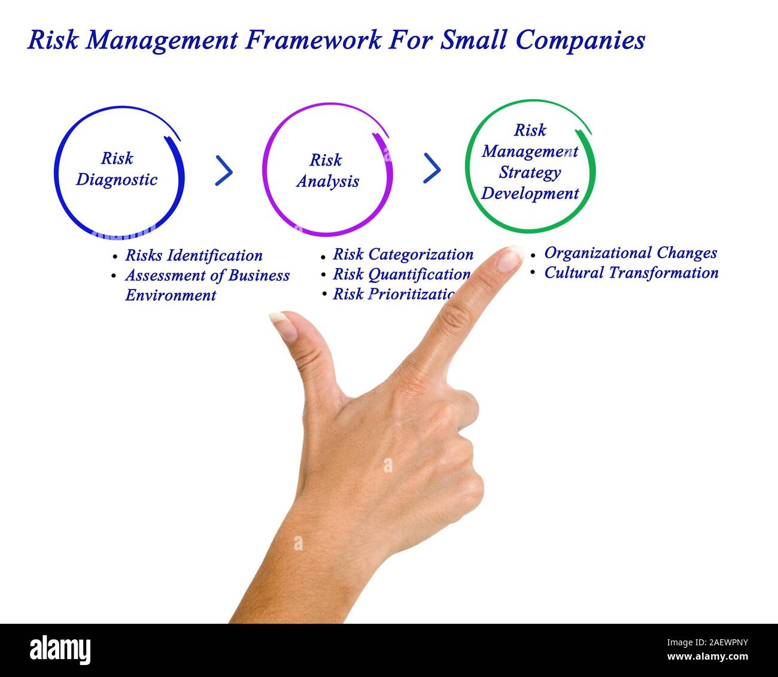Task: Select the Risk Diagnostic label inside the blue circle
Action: [x=117, y=169]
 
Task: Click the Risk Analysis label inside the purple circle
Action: [x=327, y=170]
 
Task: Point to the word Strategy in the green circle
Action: [x=530, y=172]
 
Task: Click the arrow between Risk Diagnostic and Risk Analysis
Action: [x=224, y=171]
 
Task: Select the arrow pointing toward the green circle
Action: [x=432, y=168]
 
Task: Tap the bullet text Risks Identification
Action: [x=193, y=255]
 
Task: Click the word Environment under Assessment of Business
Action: [x=170, y=295]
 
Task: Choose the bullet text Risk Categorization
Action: [x=403, y=254]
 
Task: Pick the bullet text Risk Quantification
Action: [x=401, y=274]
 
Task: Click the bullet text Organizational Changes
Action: [x=630, y=252]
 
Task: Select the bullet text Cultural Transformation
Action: [x=631, y=273]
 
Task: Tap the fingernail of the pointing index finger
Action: [x=510, y=258]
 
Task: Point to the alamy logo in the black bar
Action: [x=60, y=650]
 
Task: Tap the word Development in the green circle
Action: [x=530, y=193]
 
